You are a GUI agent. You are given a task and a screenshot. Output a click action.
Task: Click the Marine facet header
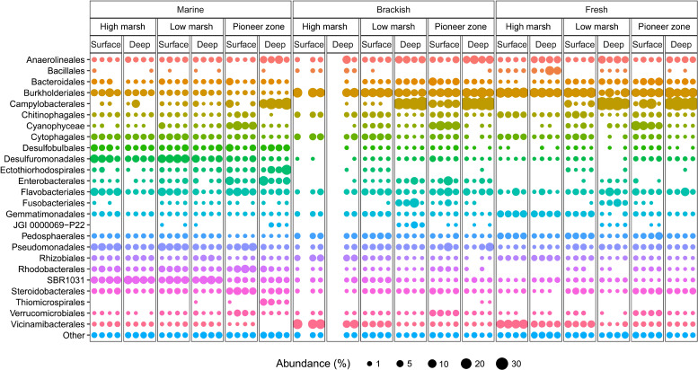190,9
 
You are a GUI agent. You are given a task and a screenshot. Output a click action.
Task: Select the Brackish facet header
393,9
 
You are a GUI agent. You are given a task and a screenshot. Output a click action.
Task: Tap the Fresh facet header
596,9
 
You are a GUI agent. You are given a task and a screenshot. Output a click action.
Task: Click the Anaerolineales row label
55,59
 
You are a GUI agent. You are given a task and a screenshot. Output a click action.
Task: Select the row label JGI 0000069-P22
51,225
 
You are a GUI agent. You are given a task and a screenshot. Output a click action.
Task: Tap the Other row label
74,335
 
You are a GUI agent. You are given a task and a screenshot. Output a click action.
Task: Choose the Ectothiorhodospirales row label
42,170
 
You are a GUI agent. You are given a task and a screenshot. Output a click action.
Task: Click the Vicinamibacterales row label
48,324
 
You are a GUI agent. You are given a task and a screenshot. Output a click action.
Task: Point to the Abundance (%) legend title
314,364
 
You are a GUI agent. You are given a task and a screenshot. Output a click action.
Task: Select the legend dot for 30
502,364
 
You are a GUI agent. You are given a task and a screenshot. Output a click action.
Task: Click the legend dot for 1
369,364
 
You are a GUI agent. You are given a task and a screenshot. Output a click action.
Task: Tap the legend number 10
444,364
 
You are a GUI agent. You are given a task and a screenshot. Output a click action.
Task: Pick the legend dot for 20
466,364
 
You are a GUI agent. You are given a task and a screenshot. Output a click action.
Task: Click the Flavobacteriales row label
52,192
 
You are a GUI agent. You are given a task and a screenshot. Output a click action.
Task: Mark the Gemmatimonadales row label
45,214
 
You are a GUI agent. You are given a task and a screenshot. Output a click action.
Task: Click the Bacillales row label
66,71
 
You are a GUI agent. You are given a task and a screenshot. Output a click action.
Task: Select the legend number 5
409,364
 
